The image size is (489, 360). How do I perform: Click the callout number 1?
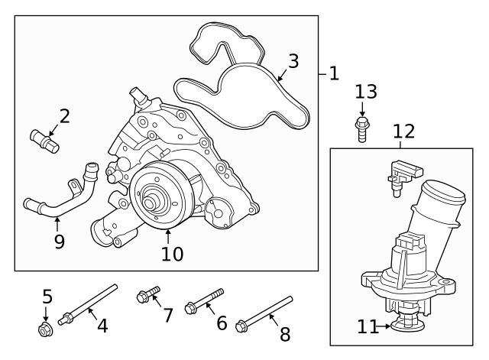point(333,73)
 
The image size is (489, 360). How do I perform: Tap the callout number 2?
point(64,116)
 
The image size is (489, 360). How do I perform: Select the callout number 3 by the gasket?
point(293,61)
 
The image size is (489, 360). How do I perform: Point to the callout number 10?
point(173,253)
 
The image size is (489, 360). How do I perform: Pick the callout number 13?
point(366,92)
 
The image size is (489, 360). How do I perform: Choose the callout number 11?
point(368,327)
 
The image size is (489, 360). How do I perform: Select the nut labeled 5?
point(45,329)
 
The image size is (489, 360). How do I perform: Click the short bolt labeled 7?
point(147,295)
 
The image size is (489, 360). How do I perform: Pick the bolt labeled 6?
point(204,301)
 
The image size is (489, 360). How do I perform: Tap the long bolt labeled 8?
point(264,313)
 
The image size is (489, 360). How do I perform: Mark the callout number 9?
point(59,242)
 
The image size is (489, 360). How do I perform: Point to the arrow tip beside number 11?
point(389,327)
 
